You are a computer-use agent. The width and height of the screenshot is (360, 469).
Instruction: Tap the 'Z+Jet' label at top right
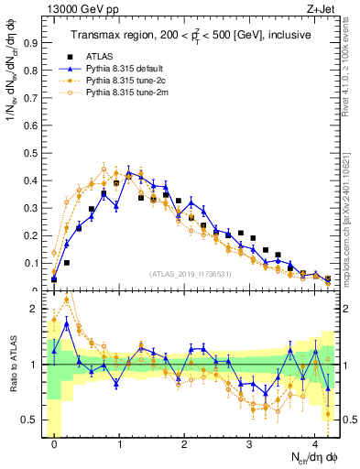[322, 8]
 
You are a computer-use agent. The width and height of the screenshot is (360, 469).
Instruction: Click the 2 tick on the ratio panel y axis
[37, 309]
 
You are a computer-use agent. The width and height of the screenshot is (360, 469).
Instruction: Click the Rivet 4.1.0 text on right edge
[351, 64]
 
